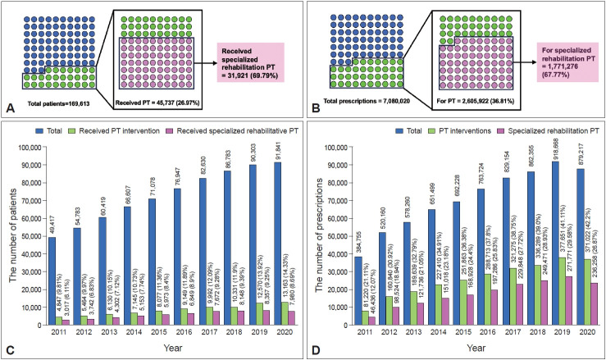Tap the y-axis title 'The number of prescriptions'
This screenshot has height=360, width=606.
[x=312, y=238]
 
